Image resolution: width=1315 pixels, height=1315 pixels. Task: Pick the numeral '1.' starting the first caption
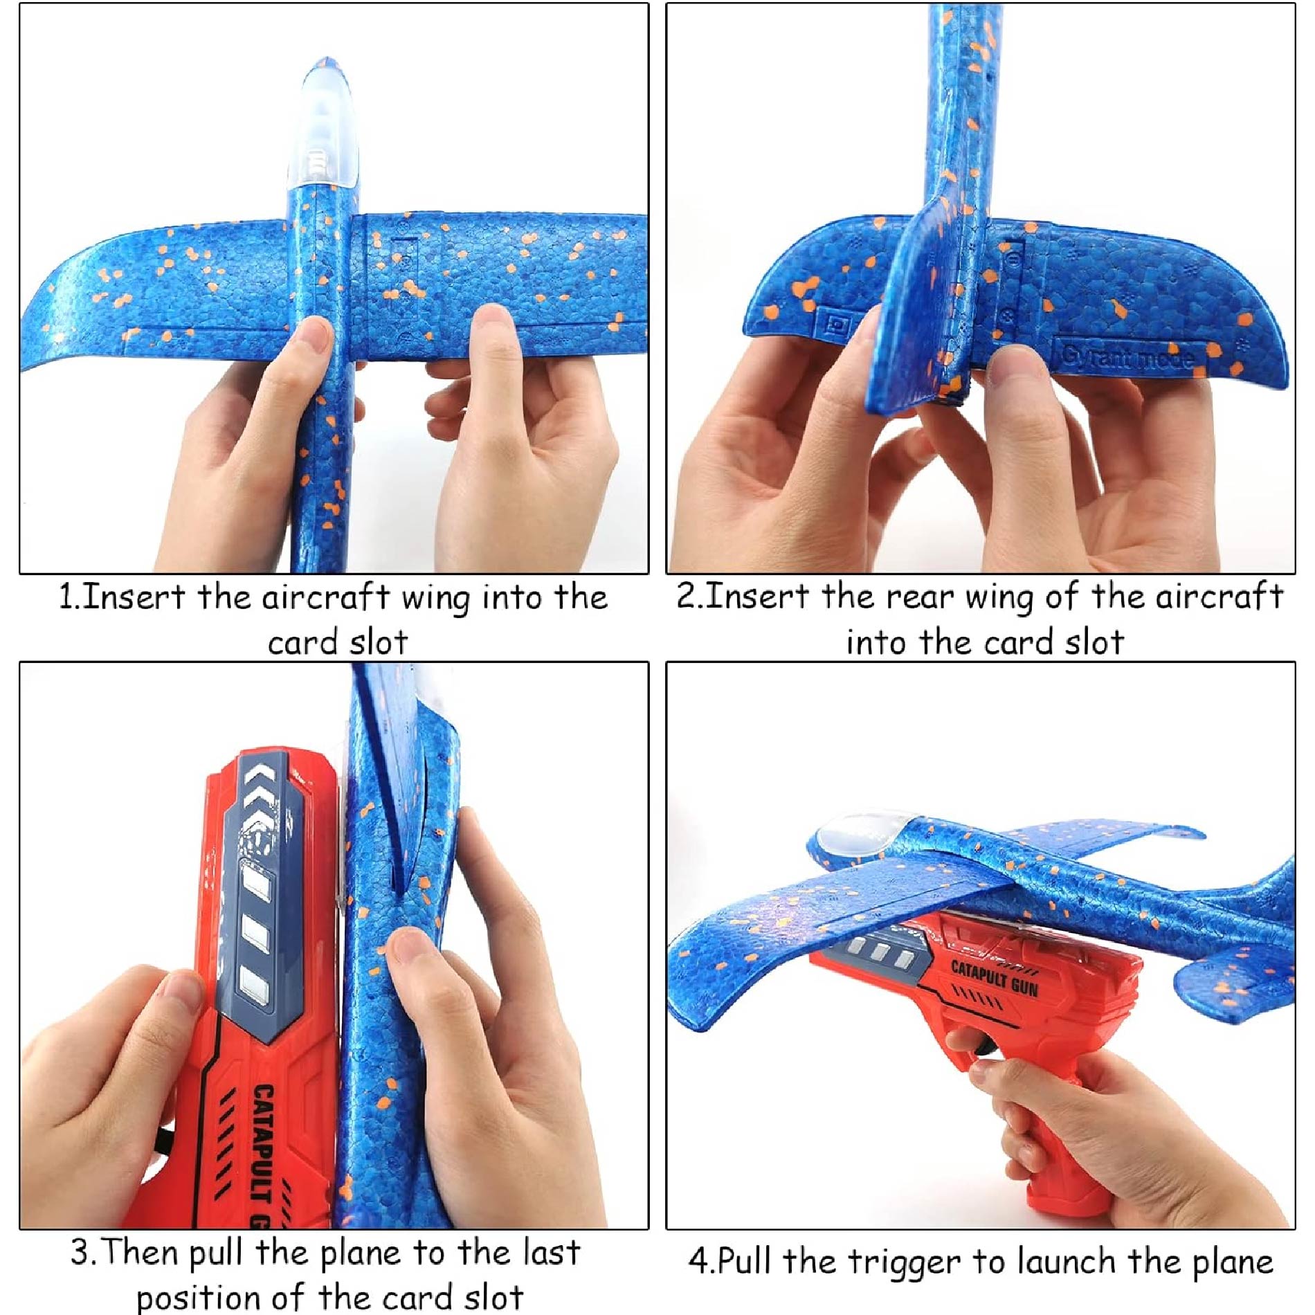[69, 597]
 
